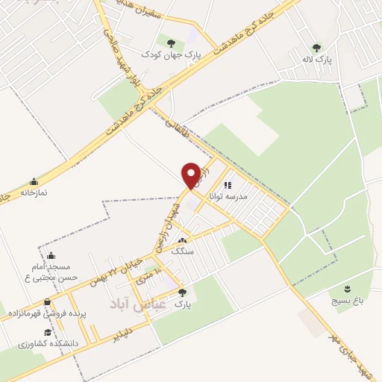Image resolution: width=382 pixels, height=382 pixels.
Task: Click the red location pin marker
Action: [192, 175]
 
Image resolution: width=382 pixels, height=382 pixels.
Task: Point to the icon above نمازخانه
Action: [33, 181]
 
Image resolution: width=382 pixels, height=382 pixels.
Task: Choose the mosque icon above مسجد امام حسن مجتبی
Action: [51, 255]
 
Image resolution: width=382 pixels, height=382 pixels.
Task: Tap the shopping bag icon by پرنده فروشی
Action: [47, 303]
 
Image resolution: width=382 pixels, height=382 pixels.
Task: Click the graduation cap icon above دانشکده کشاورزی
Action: [47, 333]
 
